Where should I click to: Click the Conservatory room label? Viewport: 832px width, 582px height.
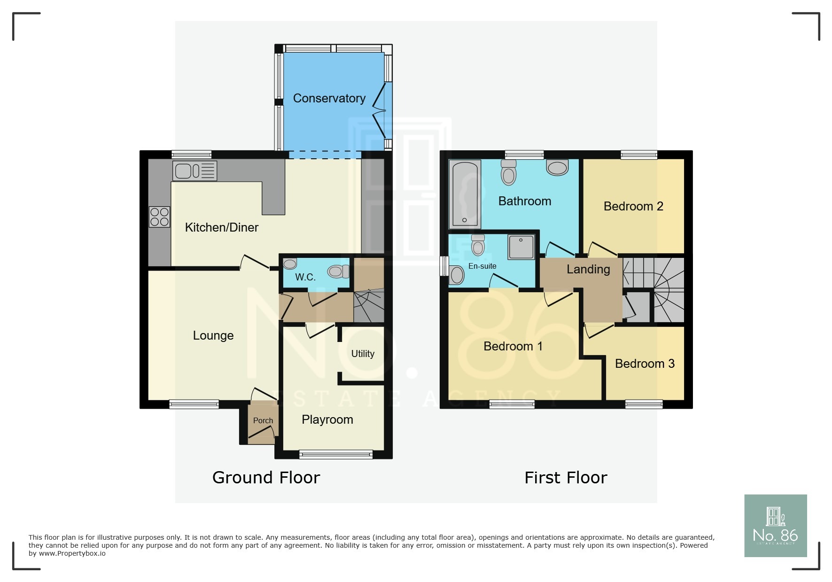pos(329,98)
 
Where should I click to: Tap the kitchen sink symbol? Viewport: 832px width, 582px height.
pos(194,171)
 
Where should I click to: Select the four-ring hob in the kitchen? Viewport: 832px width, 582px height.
pos(159,217)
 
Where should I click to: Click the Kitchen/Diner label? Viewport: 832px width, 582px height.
pos(221,227)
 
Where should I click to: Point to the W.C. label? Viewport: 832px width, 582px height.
pos(305,277)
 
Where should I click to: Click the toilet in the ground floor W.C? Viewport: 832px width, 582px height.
pos(338,272)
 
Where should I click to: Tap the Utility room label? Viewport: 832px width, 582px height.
pos(363,354)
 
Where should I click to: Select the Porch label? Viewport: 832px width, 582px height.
pos(263,420)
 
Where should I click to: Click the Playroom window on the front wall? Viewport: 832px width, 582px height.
pos(336,454)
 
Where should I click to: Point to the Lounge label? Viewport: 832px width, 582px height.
pos(213,335)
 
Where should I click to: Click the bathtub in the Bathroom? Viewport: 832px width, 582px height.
pos(465,194)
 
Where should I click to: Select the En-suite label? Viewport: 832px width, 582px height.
pos(482,266)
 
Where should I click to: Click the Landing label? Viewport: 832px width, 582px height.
pos(588,269)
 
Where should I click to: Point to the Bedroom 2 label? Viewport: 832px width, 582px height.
pos(633,206)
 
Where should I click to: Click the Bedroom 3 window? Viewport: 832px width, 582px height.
pos(644,404)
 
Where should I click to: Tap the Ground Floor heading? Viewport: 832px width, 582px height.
pos(266,477)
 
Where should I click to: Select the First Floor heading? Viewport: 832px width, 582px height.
pos(566,478)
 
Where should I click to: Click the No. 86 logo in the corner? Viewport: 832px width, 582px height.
pos(775,526)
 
